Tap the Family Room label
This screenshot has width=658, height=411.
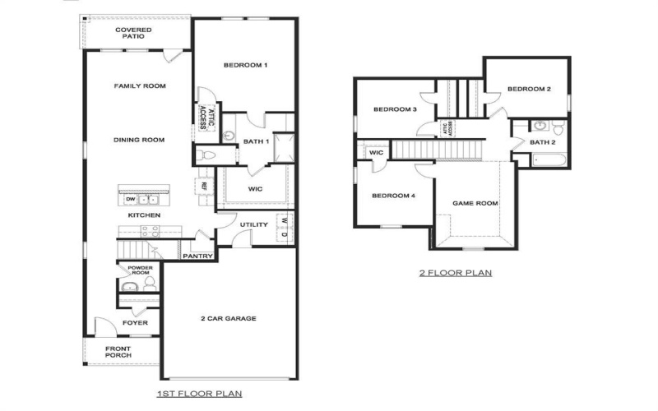[x=139, y=85]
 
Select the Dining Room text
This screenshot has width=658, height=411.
[x=139, y=140]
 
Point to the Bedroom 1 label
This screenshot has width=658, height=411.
[x=246, y=65]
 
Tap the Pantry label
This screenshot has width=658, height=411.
[x=198, y=256]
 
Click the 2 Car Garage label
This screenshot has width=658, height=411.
[x=229, y=318]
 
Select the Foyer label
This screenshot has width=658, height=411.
[x=136, y=323]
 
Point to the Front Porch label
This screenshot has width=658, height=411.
[x=123, y=352]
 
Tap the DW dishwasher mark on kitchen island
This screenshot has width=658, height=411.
[x=130, y=199]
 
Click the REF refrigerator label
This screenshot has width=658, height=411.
[x=202, y=187]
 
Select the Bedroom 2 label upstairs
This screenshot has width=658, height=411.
[x=528, y=89]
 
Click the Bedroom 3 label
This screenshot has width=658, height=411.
[x=395, y=109]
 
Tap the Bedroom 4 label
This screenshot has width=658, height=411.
[x=392, y=196]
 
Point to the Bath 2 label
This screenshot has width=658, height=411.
[x=543, y=142]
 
